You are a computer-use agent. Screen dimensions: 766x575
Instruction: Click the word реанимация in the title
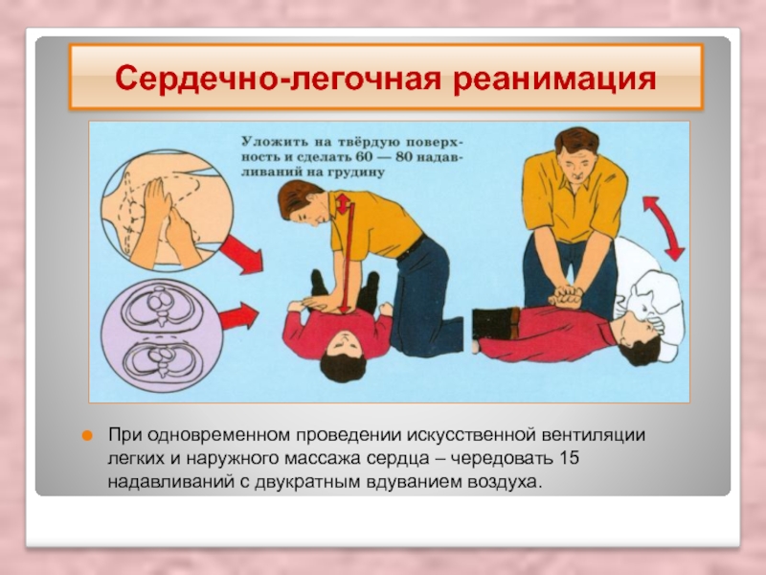pyautogui.click(x=554, y=79)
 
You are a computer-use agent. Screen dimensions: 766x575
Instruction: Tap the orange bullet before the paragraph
pyautogui.click(x=87, y=436)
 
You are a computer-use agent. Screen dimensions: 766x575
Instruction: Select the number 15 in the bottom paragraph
pyautogui.click(x=569, y=458)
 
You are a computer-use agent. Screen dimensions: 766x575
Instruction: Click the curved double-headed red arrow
pyautogui.click(x=663, y=228)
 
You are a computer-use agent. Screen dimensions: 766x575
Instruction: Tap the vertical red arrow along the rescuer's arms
pyautogui.click(x=345, y=253)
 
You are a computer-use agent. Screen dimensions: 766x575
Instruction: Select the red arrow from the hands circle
pyautogui.click(x=241, y=254)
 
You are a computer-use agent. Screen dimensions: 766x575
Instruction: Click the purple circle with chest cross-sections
pyautogui.click(x=162, y=337)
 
